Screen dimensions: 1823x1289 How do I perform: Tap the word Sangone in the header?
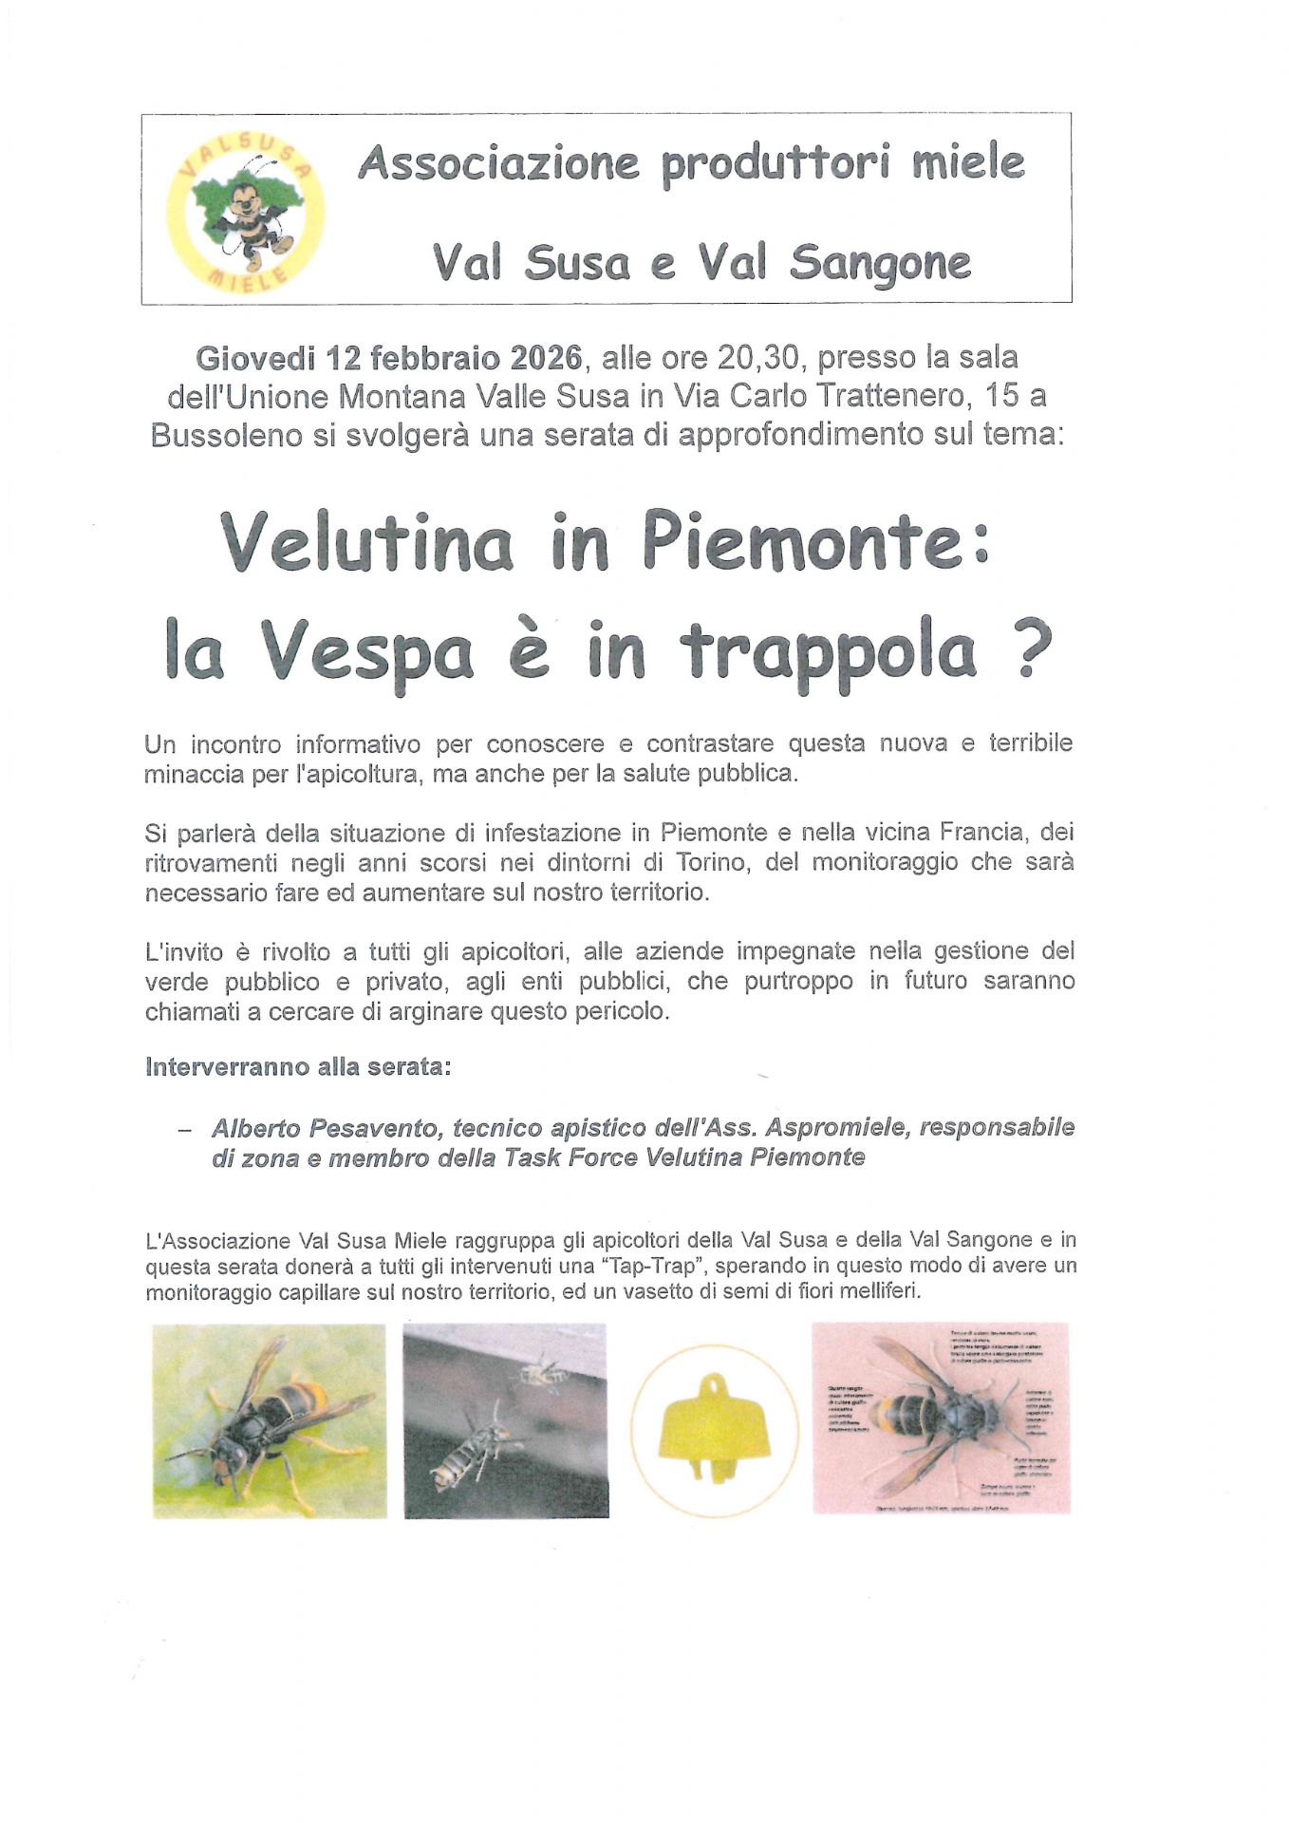point(880,263)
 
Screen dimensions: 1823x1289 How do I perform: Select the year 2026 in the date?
point(546,358)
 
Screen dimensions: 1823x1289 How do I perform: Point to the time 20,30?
point(757,358)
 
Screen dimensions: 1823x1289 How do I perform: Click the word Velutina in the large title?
point(366,543)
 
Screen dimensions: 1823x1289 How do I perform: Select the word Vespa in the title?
point(368,653)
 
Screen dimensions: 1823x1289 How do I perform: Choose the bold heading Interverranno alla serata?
point(298,1067)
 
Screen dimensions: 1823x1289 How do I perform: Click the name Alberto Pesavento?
point(327,1128)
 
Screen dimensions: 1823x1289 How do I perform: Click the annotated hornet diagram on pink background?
point(941,1418)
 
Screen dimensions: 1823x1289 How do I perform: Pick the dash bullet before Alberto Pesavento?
point(184,1130)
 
